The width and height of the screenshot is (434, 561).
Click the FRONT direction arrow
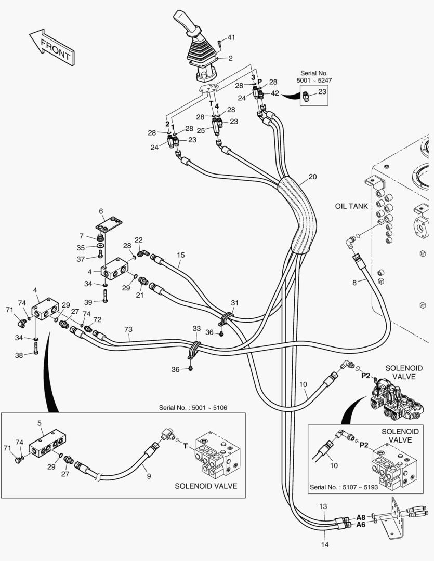point(52,47)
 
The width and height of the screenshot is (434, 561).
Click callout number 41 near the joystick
point(231,37)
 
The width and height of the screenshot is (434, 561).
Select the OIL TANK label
point(351,206)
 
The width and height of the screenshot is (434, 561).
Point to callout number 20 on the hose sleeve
point(312,177)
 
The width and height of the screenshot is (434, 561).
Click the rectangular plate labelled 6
point(109,223)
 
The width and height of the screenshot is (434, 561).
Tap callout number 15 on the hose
point(181,255)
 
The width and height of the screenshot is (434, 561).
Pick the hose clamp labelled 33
point(194,350)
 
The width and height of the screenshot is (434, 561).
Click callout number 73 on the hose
point(128,329)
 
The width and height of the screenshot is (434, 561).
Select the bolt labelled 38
point(35,348)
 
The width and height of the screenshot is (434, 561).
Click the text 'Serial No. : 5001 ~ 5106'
point(193,408)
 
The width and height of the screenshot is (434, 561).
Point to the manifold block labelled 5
point(47,443)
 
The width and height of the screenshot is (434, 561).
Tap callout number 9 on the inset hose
point(149,476)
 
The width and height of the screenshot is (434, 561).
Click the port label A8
point(361,517)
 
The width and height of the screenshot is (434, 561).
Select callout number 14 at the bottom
point(324,544)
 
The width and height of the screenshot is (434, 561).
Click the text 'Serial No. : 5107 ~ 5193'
point(344,487)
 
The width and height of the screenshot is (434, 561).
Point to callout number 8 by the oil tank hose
point(354,283)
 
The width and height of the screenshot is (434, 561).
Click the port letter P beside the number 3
point(259,82)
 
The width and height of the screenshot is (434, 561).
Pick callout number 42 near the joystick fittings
point(274,93)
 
